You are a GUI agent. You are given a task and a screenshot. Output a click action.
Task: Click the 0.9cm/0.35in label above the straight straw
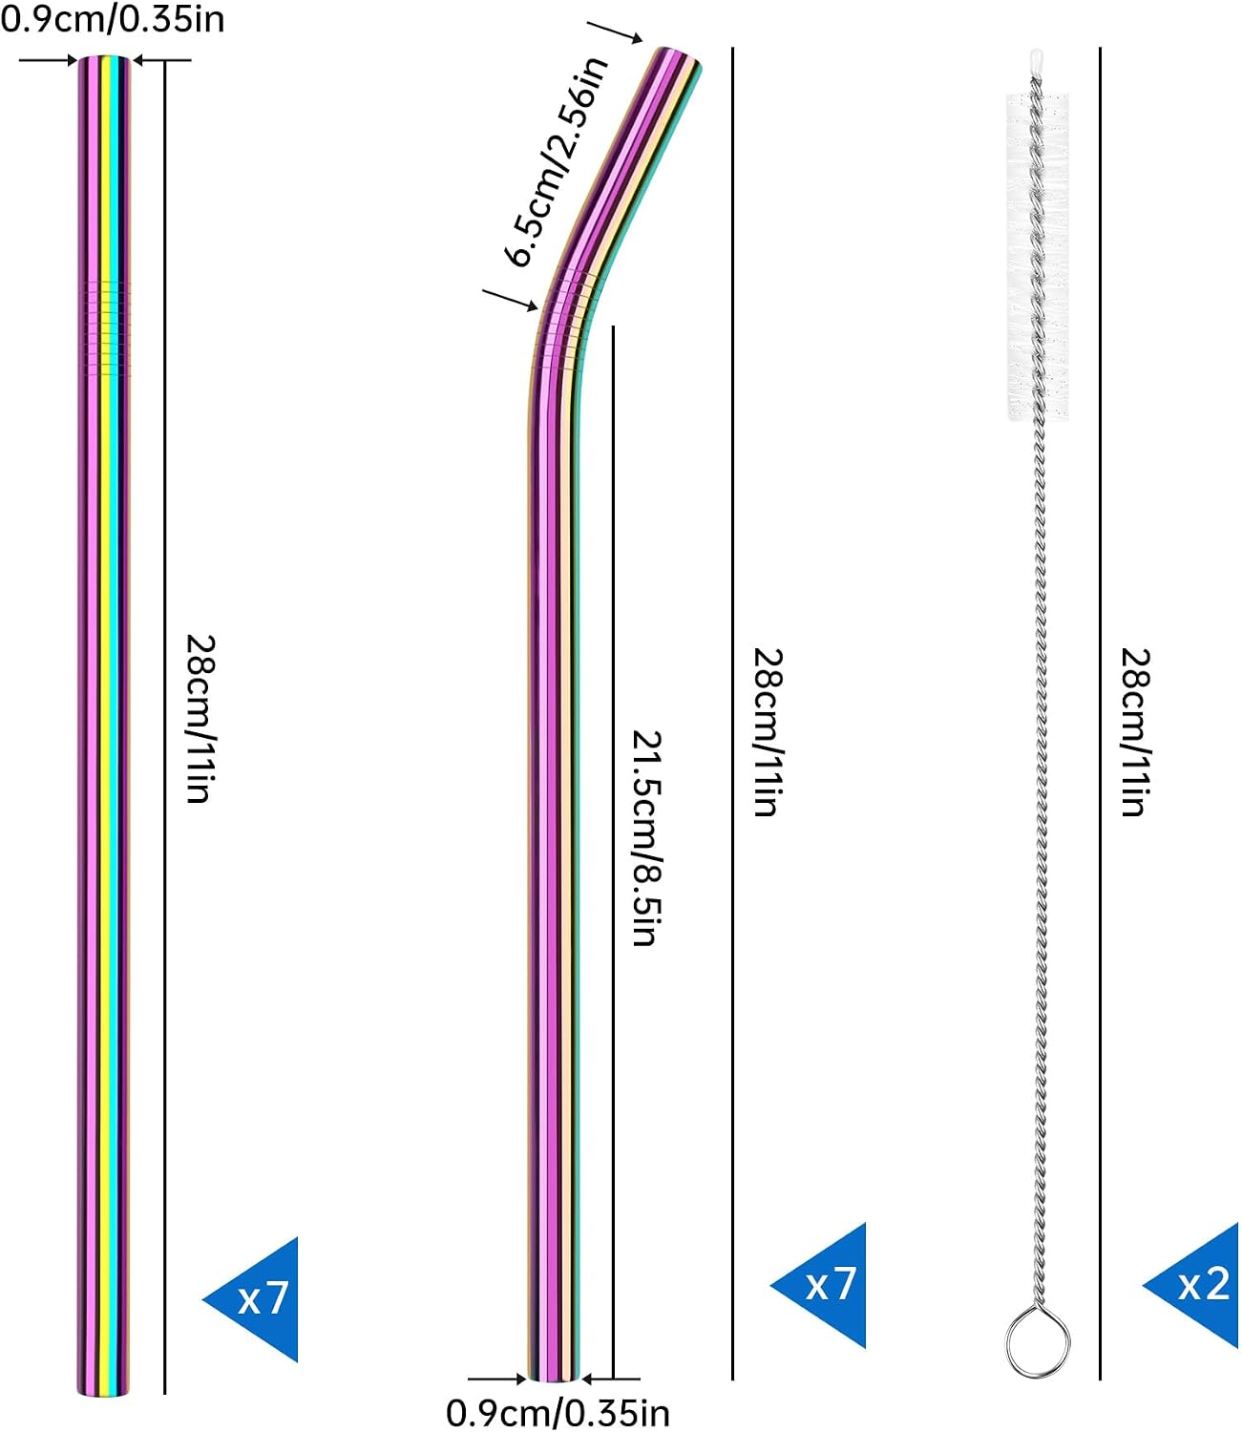point(113,19)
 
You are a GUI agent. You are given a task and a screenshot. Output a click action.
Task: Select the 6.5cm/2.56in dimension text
point(557,161)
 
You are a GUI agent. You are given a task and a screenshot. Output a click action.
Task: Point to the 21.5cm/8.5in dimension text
point(646,838)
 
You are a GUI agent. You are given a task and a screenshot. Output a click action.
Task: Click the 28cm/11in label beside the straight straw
point(200,719)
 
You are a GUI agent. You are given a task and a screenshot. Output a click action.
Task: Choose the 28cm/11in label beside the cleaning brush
point(1135,732)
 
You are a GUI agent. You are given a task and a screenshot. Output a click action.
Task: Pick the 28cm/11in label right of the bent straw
point(768,732)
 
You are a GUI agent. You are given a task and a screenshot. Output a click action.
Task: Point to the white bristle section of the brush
point(1037,256)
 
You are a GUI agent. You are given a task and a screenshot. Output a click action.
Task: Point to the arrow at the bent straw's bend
point(510,299)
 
